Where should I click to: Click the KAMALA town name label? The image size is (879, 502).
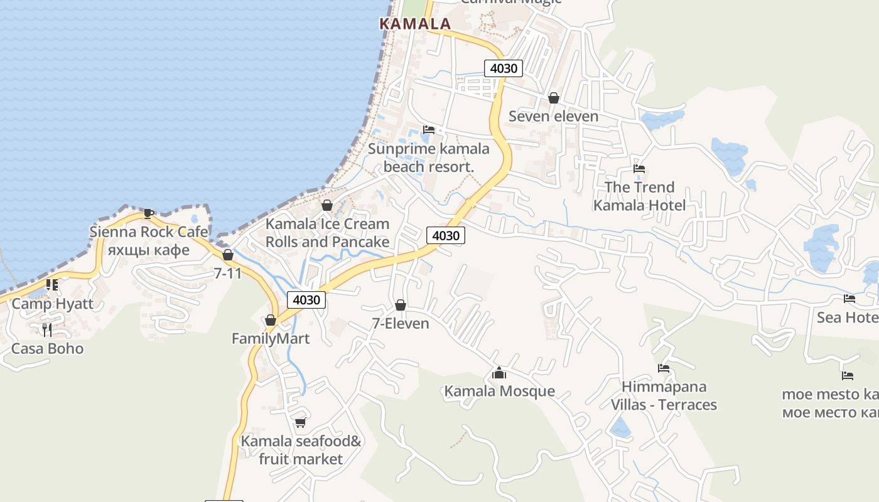415,24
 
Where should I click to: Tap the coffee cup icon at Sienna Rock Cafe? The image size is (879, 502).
148,213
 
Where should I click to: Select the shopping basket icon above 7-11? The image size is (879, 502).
228,255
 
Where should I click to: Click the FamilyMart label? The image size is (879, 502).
271,339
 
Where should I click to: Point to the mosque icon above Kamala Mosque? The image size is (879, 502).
499,373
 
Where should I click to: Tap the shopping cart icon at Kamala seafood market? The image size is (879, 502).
300,423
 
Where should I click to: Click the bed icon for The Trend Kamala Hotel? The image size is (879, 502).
639,168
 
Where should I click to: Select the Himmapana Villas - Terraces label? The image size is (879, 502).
664,395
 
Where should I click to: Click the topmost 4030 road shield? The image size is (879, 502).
504,68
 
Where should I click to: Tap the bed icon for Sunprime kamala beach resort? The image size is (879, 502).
429,130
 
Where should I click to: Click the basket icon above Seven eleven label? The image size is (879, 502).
554,98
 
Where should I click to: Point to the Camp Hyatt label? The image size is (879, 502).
53,304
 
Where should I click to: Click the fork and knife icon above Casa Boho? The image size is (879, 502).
47,329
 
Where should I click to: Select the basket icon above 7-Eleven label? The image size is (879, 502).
401,305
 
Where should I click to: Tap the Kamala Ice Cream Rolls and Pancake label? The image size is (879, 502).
327,233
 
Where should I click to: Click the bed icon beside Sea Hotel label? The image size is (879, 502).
849,299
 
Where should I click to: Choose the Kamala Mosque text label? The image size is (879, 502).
500,392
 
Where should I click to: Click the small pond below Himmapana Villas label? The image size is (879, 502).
620,427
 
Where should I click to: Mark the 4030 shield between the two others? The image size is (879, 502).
446,236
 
